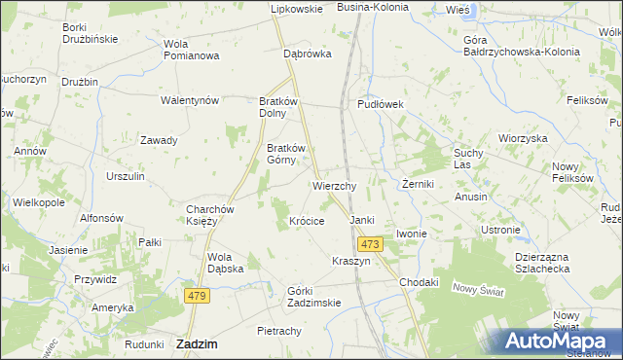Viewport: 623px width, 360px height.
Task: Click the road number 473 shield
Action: coord(368,244)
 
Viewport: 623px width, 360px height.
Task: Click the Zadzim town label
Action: coord(197,343)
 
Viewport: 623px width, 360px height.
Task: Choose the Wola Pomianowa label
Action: coord(191,50)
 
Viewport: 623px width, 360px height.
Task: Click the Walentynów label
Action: coord(190,100)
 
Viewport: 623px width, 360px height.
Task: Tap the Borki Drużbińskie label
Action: coord(90,32)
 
